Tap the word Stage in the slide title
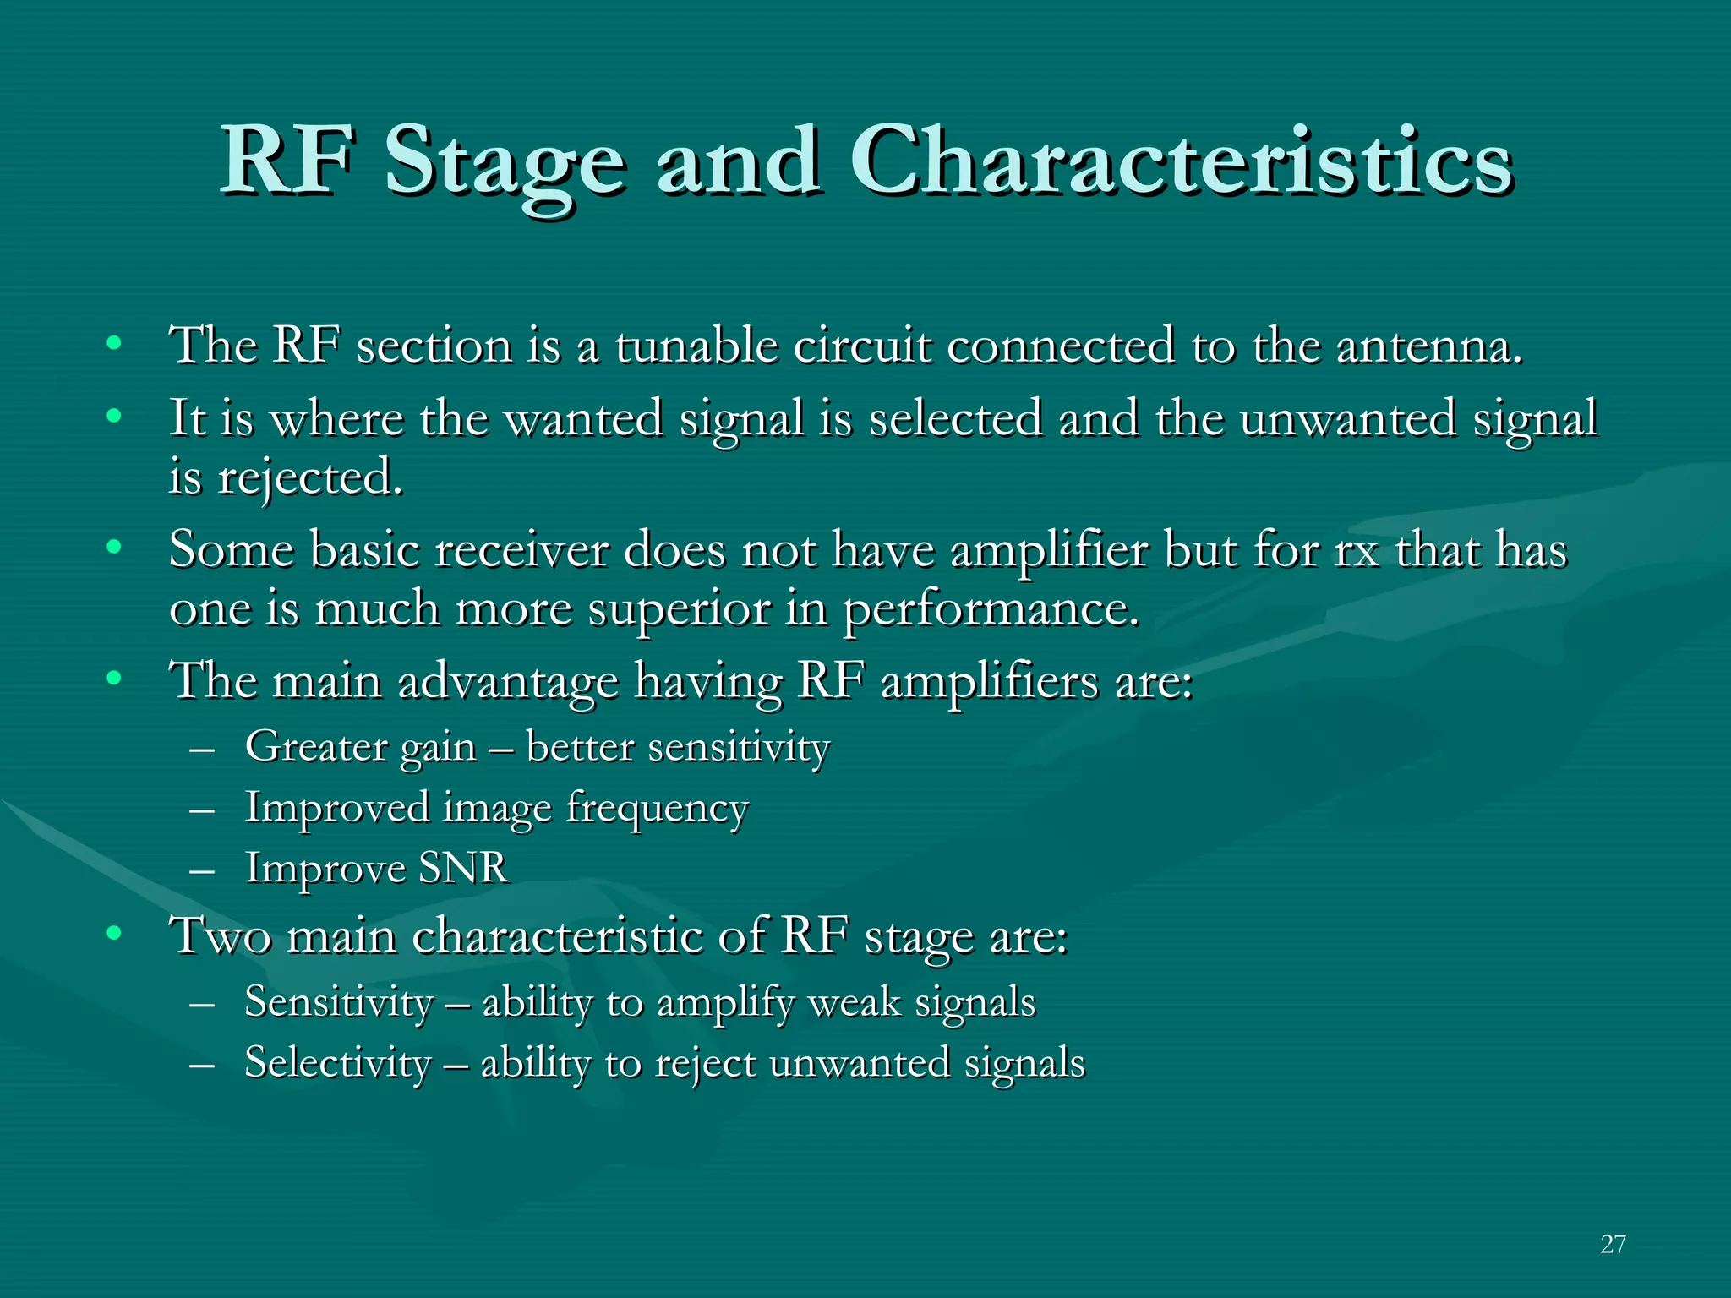click(505, 165)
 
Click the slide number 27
click(1613, 1244)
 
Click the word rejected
click(310, 478)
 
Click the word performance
click(991, 610)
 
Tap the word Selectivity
click(337, 1063)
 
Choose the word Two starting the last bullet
click(221, 936)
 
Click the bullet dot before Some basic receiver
click(114, 548)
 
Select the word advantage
click(508, 681)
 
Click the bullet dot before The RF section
click(114, 343)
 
